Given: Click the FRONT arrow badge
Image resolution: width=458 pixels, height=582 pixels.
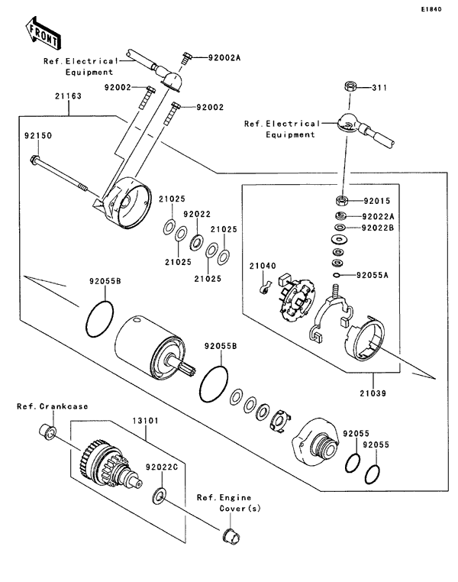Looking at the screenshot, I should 43,33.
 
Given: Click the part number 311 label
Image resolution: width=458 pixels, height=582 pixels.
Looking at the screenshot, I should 379,89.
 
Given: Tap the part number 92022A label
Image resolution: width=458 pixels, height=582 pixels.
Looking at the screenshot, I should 378,215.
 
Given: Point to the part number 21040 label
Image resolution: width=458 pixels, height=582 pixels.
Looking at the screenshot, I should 261,266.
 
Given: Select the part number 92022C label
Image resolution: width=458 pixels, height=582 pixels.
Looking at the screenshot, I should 163,465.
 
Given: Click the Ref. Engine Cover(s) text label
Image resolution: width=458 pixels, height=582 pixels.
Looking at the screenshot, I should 229,503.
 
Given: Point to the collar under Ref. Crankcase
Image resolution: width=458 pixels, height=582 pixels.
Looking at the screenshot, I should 46,434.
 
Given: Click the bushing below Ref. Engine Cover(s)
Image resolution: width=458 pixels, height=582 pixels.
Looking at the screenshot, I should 228,535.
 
